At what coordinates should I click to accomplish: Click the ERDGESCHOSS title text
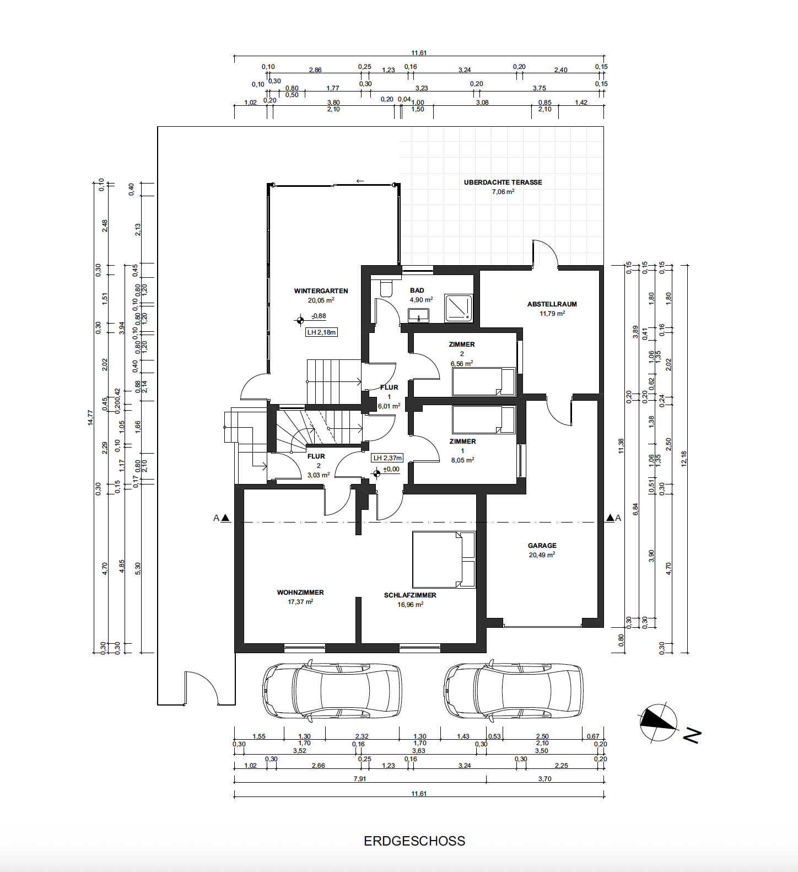pyautogui.click(x=414, y=841)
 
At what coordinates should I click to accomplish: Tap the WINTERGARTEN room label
pyautogui.click(x=321, y=291)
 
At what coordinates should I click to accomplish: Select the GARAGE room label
pyautogui.click(x=542, y=546)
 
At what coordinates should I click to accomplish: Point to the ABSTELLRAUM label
pyautogui.click(x=552, y=304)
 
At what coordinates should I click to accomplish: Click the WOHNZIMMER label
pyautogui.click(x=300, y=593)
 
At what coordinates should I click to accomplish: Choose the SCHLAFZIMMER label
pyautogui.click(x=410, y=595)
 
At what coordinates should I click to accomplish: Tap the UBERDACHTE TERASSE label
pyautogui.click(x=503, y=182)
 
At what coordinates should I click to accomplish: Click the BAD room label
pyautogui.click(x=417, y=290)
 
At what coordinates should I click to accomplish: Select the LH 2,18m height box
pyautogui.click(x=321, y=332)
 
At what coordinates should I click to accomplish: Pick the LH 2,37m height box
pyautogui.click(x=387, y=458)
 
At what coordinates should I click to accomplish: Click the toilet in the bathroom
pyautogui.click(x=386, y=288)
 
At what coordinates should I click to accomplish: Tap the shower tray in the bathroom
pyautogui.click(x=459, y=308)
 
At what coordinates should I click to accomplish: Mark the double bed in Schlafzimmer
pyautogui.click(x=444, y=559)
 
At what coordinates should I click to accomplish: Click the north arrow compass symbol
pyautogui.click(x=658, y=722)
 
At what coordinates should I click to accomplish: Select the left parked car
pyautogui.click(x=332, y=691)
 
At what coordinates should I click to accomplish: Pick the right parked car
pyautogui.click(x=513, y=691)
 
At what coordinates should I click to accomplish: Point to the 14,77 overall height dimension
pyautogui.click(x=90, y=418)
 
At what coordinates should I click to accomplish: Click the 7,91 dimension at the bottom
pyautogui.click(x=360, y=779)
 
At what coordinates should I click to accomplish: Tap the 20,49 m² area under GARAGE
pyautogui.click(x=542, y=555)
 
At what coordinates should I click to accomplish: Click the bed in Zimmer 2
pyautogui.click(x=484, y=381)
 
